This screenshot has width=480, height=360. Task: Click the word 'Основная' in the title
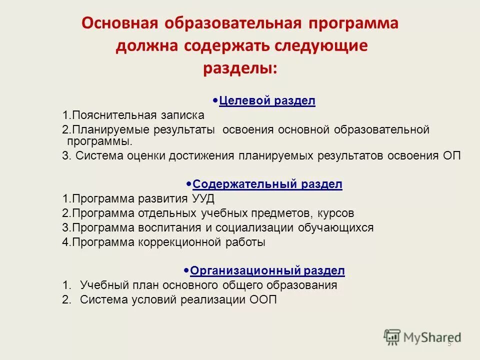[119, 24]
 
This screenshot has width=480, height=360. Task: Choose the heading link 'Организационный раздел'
[267, 271]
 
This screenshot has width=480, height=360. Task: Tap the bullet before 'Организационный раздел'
[186, 270]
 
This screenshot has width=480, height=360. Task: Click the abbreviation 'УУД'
[203, 198]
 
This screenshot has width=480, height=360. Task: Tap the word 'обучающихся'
[340, 228]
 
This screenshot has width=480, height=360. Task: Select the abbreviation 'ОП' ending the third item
[452, 155]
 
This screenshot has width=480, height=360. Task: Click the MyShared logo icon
[392, 337]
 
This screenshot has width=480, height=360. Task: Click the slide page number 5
[449, 343]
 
